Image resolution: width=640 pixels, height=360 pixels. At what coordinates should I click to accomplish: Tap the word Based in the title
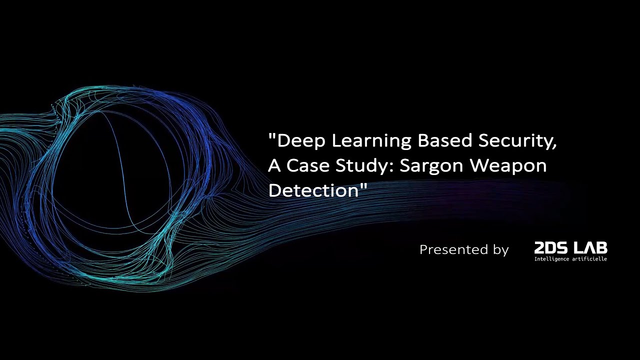point(445,141)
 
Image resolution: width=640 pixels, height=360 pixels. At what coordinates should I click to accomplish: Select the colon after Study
point(388,166)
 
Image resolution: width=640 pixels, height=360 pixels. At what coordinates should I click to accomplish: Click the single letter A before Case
point(274,165)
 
